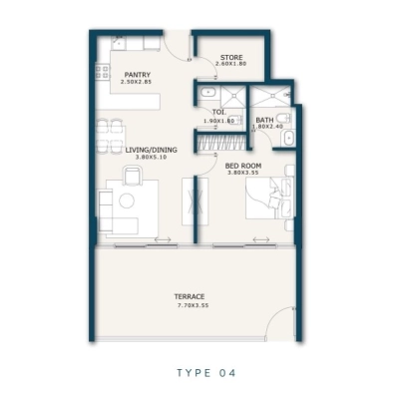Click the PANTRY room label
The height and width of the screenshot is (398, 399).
pos(137,75)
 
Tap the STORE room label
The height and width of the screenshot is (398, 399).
pos(230,57)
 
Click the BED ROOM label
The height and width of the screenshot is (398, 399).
pos(242,165)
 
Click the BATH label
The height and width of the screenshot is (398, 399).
pos(264,120)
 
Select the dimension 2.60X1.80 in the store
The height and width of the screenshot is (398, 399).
pos(230,65)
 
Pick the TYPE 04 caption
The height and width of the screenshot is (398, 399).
pos(199,374)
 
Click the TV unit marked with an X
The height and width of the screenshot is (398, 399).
pos(192,205)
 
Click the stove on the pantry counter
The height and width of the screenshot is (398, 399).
pos(102,69)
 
